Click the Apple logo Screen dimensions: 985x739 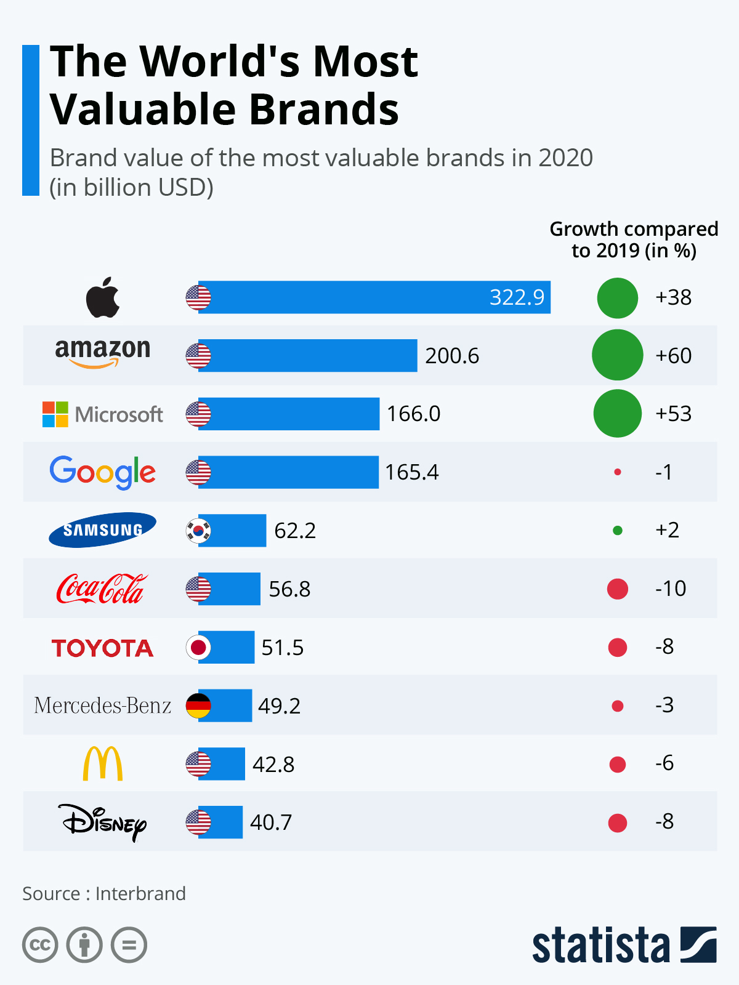[103, 297]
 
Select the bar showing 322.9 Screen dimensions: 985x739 [374, 297]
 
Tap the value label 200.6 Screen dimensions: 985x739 [451, 356]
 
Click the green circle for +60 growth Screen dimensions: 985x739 [617, 355]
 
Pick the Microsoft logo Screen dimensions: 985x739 [103, 414]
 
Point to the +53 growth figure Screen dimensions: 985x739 [673, 414]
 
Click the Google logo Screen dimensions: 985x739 [103, 472]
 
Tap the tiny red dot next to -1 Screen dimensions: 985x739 [618, 472]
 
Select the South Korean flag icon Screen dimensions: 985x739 [198, 530]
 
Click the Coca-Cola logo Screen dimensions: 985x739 [102, 589]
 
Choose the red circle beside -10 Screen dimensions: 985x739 [618, 589]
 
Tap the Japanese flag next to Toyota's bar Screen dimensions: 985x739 [198, 647]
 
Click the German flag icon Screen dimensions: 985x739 [198, 706]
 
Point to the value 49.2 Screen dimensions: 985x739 [279, 706]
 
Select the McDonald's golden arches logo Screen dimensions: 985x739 [103, 763]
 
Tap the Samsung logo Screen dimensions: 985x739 [103, 530]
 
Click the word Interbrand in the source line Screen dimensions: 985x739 [140, 893]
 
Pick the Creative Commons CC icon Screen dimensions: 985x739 [40, 945]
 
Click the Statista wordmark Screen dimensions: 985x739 [601, 945]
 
